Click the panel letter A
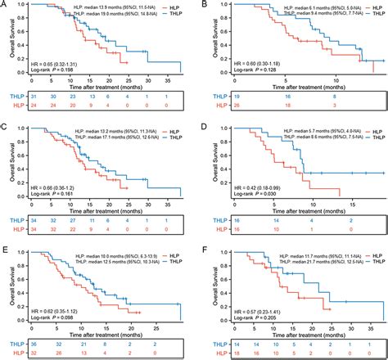click(4, 5)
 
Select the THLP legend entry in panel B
click(369, 15)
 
